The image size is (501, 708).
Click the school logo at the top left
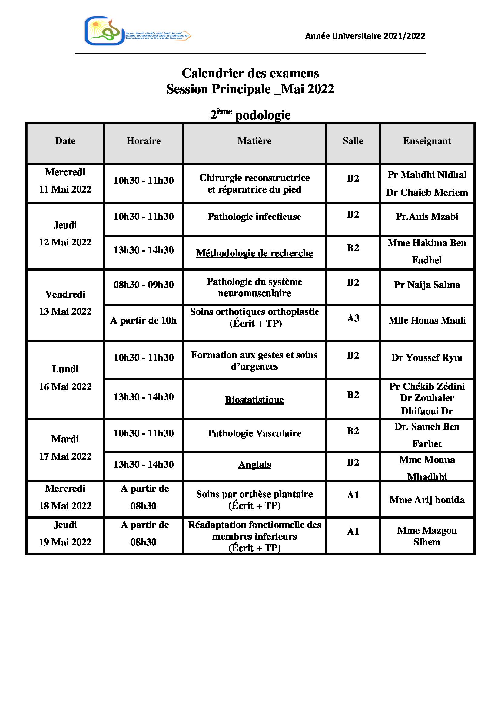[137, 31]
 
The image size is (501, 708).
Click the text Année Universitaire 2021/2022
[365, 36]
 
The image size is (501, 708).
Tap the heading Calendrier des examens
[250, 73]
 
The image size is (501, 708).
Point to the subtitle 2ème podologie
[250, 115]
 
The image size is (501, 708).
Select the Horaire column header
[144, 141]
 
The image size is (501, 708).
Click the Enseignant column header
[427, 141]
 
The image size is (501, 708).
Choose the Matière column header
[254, 141]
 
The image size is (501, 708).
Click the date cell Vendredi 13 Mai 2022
[65, 303]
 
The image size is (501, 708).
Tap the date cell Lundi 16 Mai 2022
[65, 378]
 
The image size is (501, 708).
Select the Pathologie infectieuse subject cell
[254, 216]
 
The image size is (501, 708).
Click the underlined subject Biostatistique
[254, 400]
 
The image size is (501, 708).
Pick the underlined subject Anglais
[254, 464]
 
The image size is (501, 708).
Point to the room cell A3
[353, 318]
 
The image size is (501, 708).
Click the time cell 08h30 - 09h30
[144, 284]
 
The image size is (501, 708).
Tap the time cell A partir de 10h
[144, 320]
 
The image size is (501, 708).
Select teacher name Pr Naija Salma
[427, 284]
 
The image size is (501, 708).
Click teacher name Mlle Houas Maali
[427, 320]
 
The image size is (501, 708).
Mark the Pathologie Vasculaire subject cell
[254, 433]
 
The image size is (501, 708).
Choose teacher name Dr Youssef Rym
[427, 357]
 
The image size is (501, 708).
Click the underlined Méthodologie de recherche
[254, 253]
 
